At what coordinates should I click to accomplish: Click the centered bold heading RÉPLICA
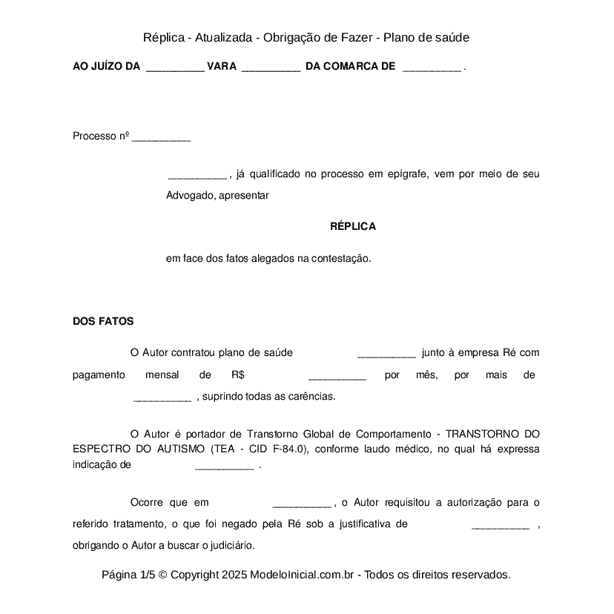tap(353, 226)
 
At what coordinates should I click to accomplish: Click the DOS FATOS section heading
tap(103, 321)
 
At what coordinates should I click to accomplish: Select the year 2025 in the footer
tap(234, 575)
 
